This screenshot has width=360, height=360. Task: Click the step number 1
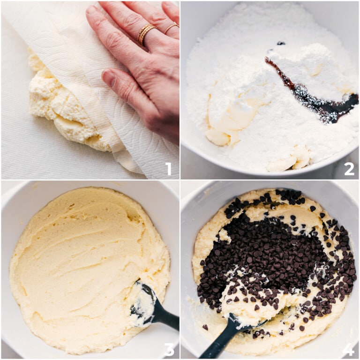pos(168,168)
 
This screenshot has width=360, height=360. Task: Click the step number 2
pos(349,168)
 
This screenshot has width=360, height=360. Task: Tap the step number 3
pos(169,349)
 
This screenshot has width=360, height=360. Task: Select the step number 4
pos(348,349)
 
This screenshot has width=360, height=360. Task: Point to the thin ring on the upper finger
pos(171,28)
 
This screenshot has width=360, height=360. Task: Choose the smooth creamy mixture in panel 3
pos(80,262)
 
